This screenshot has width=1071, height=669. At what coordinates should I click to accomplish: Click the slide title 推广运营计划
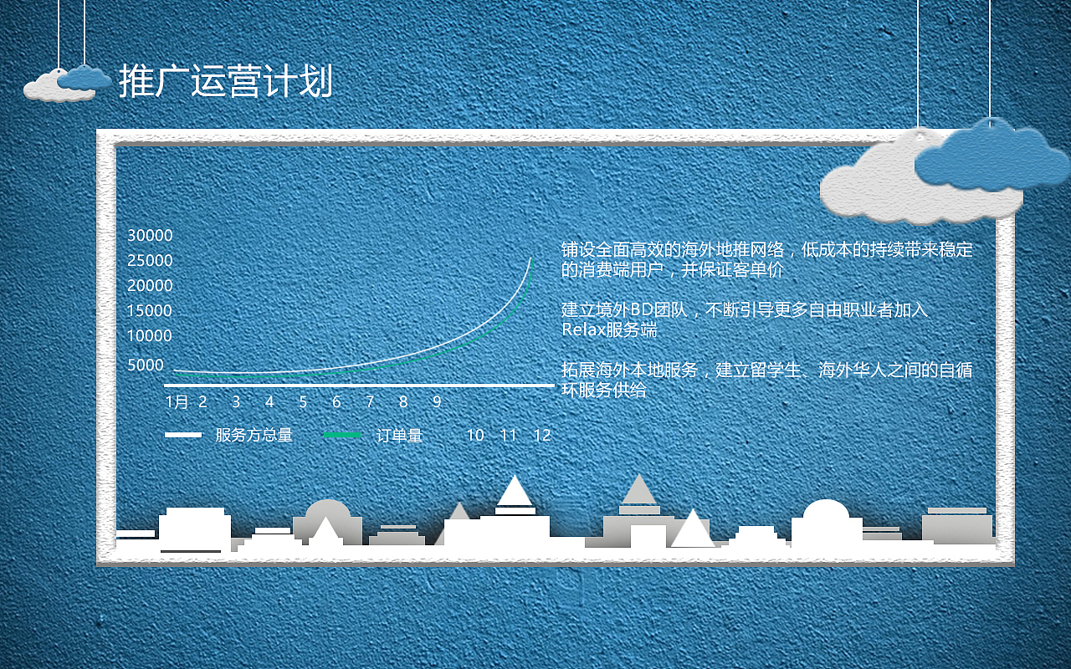pyautogui.click(x=226, y=81)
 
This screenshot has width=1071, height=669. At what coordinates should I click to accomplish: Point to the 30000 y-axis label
pyautogui.click(x=150, y=236)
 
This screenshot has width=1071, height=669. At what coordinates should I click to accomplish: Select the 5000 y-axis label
pyautogui.click(x=146, y=365)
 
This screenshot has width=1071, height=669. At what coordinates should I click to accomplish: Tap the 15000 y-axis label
pyautogui.click(x=150, y=311)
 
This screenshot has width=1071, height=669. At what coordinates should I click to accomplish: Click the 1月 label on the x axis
pyautogui.click(x=177, y=402)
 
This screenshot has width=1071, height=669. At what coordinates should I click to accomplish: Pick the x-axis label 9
pyautogui.click(x=437, y=402)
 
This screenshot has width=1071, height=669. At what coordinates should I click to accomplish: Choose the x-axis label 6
pyautogui.click(x=336, y=402)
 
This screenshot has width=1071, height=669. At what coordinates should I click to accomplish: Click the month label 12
pyautogui.click(x=542, y=436)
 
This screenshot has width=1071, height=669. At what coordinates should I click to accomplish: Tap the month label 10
pyautogui.click(x=475, y=436)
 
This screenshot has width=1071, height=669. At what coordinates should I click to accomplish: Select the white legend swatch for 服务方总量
pyautogui.click(x=183, y=435)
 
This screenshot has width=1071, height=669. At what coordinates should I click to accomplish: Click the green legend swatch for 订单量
pyautogui.click(x=343, y=436)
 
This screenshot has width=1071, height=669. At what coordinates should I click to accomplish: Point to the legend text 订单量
pyautogui.click(x=399, y=436)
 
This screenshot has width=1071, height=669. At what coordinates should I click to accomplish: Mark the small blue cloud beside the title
pyautogui.click(x=85, y=78)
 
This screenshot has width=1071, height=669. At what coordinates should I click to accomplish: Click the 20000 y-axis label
pyautogui.click(x=150, y=286)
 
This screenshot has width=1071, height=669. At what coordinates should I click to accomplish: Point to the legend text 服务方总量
pyautogui.click(x=254, y=436)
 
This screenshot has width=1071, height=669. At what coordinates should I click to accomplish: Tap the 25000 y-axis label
pyautogui.click(x=150, y=261)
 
